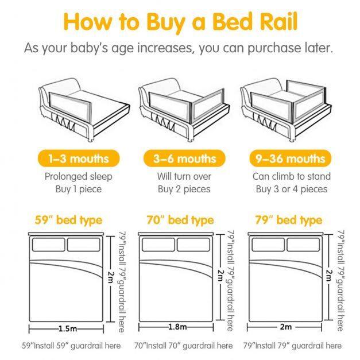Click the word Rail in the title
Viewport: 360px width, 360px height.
(278, 21)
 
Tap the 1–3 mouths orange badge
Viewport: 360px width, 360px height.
(79, 158)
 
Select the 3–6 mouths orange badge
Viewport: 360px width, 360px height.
(184, 158)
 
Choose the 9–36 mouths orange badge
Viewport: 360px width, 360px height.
(291, 158)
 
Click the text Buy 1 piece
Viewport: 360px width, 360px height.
(79, 189)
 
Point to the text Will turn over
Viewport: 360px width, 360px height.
(184, 176)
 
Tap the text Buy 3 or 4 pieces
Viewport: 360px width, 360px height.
(292, 189)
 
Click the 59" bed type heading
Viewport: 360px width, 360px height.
(68, 220)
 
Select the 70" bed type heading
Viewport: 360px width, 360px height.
(180, 220)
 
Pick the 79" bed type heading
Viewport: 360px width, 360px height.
(289, 220)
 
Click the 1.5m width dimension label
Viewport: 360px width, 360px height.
(68, 328)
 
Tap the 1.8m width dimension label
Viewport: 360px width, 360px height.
(177, 327)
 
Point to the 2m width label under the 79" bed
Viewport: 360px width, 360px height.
(285, 327)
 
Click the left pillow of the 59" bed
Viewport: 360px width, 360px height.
(49, 245)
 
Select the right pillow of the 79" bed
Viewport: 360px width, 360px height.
(303, 245)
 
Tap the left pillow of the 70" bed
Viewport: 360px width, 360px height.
(158, 245)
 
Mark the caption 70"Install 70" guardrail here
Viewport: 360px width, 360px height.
(183, 346)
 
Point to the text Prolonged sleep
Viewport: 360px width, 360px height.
(79, 177)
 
